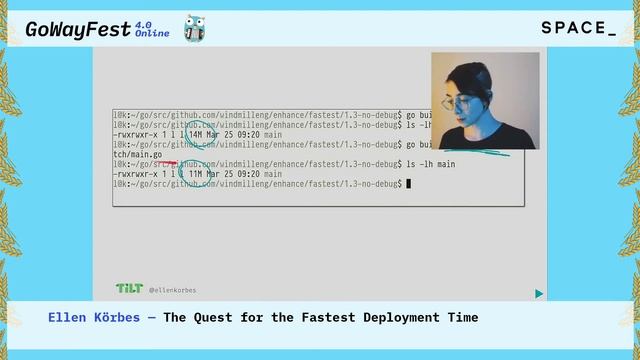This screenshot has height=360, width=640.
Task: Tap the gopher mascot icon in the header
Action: click(x=195, y=29)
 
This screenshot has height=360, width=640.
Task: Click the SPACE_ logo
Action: click(x=579, y=28)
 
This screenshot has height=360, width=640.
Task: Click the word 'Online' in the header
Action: click(x=152, y=34)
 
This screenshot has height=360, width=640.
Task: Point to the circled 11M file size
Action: click(x=196, y=174)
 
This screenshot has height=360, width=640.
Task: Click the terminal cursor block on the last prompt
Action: click(x=408, y=184)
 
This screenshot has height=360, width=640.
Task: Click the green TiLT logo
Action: click(x=128, y=288)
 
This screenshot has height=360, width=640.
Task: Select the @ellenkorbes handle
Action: click(x=172, y=290)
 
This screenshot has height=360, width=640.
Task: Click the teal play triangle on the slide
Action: click(x=539, y=294)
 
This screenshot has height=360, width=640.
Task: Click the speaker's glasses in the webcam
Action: click(x=463, y=103)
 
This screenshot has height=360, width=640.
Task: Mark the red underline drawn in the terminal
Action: click(x=167, y=162)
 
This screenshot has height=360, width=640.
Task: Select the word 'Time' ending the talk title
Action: click(x=463, y=318)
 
